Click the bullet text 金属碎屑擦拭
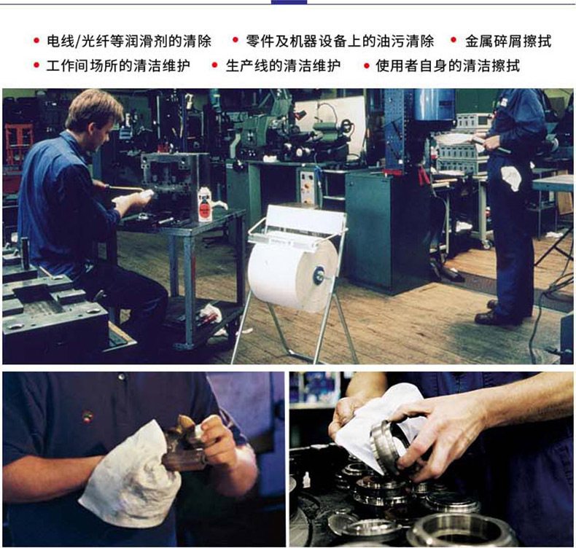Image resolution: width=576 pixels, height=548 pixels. [x=507, y=41]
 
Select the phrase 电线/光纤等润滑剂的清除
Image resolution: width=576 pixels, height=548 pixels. [x=129, y=41]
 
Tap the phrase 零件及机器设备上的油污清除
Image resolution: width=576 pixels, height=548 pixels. [x=340, y=41]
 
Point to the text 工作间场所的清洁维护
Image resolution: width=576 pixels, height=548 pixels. [x=118, y=66]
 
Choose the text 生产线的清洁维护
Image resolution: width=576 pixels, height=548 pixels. [x=283, y=66]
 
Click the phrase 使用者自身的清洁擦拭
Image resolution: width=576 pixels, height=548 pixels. [x=448, y=66]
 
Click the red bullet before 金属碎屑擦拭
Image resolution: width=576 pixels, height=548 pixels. [x=454, y=39]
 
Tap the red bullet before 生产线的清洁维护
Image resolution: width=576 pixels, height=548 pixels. [x=214, y=66]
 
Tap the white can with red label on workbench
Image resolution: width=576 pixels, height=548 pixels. [x=205, y=205]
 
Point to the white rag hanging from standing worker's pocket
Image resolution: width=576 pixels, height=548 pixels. [x=511, y=178]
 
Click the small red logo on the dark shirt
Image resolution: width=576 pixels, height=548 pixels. [x=87, y=417]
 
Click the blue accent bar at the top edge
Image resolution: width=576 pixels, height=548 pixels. [x=289, y=2]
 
